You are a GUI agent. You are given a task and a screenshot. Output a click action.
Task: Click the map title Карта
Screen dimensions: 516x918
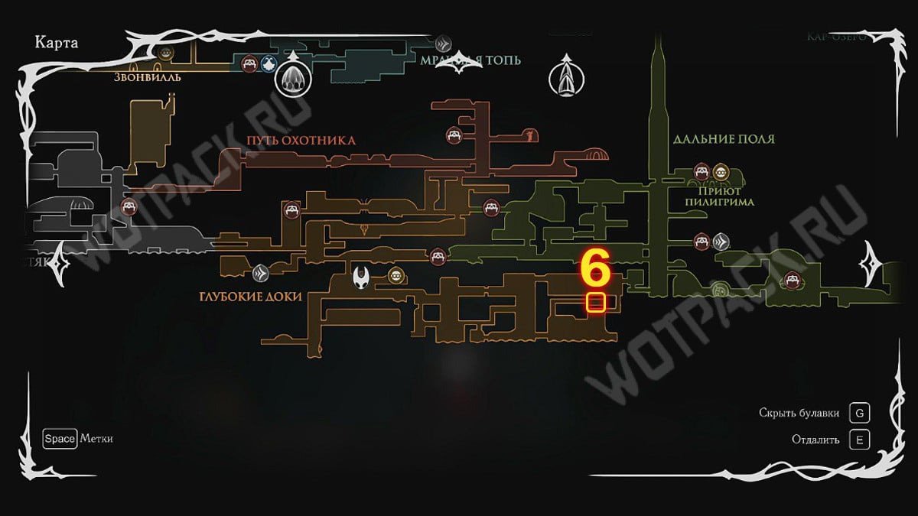[57, 42]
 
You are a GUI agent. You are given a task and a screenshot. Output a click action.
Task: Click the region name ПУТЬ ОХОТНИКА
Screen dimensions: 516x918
[301, 141]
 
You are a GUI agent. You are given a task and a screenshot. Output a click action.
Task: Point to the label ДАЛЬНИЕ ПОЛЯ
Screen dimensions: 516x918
[724, 139]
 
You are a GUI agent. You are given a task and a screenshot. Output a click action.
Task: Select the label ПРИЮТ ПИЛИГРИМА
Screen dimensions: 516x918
[725, 196]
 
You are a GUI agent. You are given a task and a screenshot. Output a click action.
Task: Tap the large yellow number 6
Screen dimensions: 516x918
[595, 270]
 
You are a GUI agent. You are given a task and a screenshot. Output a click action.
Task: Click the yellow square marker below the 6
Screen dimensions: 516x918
[596, 303]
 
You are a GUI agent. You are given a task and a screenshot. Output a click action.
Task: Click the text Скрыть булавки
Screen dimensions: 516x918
[799, 414]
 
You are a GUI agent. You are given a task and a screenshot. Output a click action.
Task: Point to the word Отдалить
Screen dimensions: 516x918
[815, 440]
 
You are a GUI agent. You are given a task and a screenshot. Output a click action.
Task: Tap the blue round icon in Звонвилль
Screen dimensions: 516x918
[268, 63]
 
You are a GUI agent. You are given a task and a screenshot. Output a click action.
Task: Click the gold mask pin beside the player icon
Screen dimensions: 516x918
[396, 276]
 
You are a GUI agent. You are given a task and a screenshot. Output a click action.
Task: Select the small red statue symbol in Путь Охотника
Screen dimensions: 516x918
[527, 136]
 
